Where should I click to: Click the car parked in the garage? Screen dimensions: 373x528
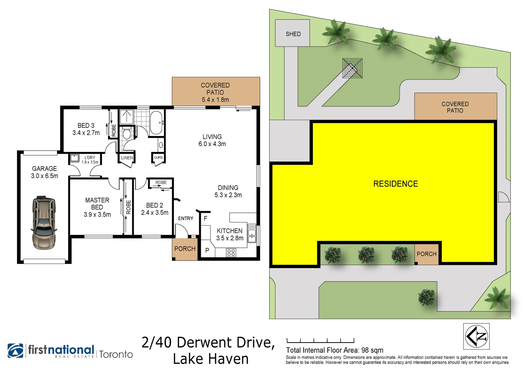[44, 222]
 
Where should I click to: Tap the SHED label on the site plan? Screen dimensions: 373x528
[293, 34]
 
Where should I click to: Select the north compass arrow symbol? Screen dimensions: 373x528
[476, 336]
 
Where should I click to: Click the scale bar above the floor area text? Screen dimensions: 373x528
[320, 341]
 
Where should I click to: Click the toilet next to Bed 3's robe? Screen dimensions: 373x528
[127, 133]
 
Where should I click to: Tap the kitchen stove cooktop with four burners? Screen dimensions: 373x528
[231, 253]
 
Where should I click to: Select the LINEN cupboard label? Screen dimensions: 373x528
[127, 158]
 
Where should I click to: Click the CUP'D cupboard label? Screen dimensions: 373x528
[158, 157]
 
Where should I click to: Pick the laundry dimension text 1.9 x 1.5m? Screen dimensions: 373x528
[90, 162]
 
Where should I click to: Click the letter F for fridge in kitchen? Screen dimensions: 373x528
[206, 218]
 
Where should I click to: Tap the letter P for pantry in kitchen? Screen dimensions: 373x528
[207, 250]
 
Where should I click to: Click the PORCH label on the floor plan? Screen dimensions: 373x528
[185, 249]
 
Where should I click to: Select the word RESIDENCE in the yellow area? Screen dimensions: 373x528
[395, 184]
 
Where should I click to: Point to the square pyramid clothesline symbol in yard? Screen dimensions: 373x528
[352, 68]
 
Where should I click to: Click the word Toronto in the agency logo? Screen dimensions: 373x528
[116, 354]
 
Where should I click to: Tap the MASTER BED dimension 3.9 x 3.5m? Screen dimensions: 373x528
[97, 214]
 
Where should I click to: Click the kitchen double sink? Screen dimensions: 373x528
[252, 233]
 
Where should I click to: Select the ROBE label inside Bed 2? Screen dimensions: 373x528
[161, 182]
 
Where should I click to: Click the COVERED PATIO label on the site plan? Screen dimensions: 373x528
[455, 107]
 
